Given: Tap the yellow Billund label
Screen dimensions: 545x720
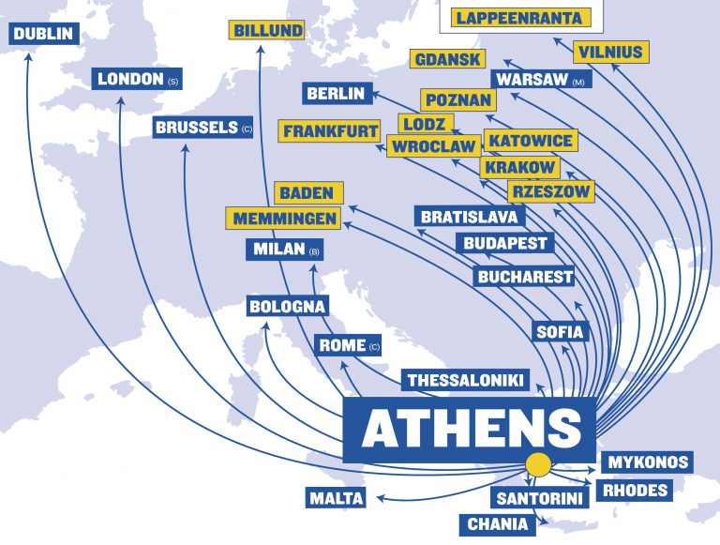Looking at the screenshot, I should click(268, 31).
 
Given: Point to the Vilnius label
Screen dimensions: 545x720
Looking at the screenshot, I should click(610, 51).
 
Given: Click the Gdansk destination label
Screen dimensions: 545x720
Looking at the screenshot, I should click(448, 59).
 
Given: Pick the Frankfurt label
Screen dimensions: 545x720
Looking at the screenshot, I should click(329, 131).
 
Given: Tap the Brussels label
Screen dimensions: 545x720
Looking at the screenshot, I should click(198, 128).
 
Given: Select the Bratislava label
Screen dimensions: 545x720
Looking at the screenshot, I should click(470, 217).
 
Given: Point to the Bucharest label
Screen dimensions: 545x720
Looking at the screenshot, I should click(524, 277).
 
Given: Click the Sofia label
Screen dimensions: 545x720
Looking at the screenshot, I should click(560, 331).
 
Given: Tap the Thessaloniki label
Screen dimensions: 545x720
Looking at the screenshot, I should click(464, 380).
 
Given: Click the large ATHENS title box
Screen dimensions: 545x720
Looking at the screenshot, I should click(470, 429).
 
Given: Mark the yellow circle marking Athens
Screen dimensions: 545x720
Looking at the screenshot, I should click(538, 463).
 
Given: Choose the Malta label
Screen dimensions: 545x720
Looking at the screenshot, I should click(335, 498).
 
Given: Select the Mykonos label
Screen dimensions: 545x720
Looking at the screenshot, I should click(649, 462).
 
